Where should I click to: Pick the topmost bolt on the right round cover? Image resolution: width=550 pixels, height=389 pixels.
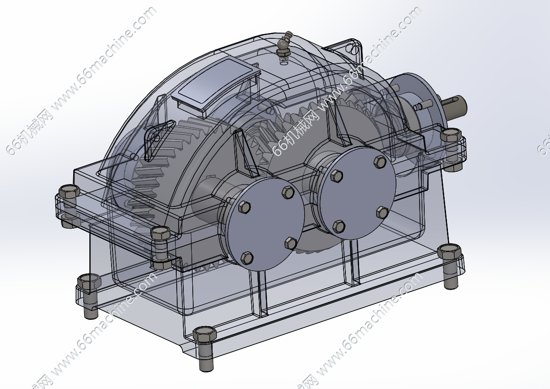[380, 162]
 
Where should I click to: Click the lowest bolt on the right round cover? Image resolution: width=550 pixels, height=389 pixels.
[339, 227]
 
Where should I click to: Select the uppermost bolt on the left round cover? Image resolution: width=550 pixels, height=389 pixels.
[288, 192]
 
